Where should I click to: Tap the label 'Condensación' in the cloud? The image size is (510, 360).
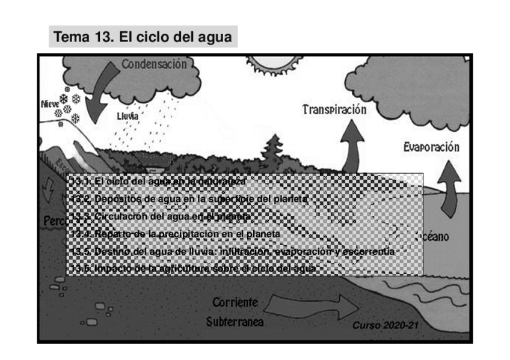coord(154,64)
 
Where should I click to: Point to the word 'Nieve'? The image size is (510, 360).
coord(49,103)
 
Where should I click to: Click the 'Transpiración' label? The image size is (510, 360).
coord(334,109)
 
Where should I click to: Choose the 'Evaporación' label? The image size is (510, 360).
coord(431,147)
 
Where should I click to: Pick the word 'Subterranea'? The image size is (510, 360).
coord(235,322)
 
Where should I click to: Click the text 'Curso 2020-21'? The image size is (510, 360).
coord(385,325)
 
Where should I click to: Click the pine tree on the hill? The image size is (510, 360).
coord(274,150)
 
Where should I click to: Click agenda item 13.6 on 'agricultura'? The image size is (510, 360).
coord(192,268)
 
